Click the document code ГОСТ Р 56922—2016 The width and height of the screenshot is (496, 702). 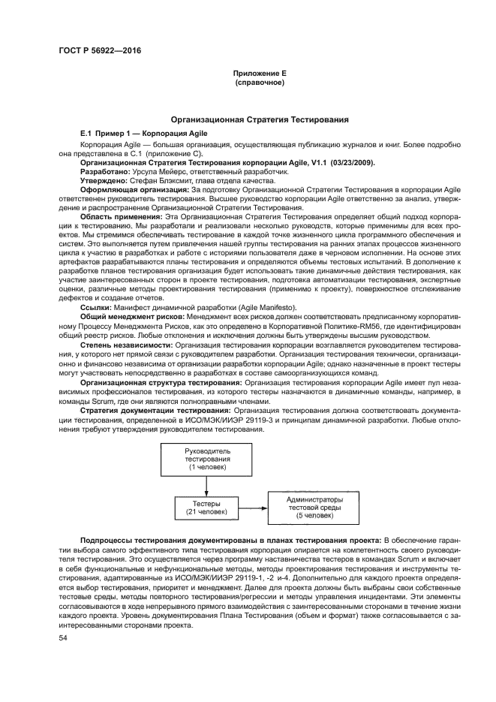point(100,51)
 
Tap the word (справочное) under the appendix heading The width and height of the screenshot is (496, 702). point(260,82)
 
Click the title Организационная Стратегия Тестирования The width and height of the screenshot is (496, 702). point(260,119)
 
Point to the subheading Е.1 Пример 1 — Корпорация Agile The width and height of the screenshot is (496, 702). point(144,133)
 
